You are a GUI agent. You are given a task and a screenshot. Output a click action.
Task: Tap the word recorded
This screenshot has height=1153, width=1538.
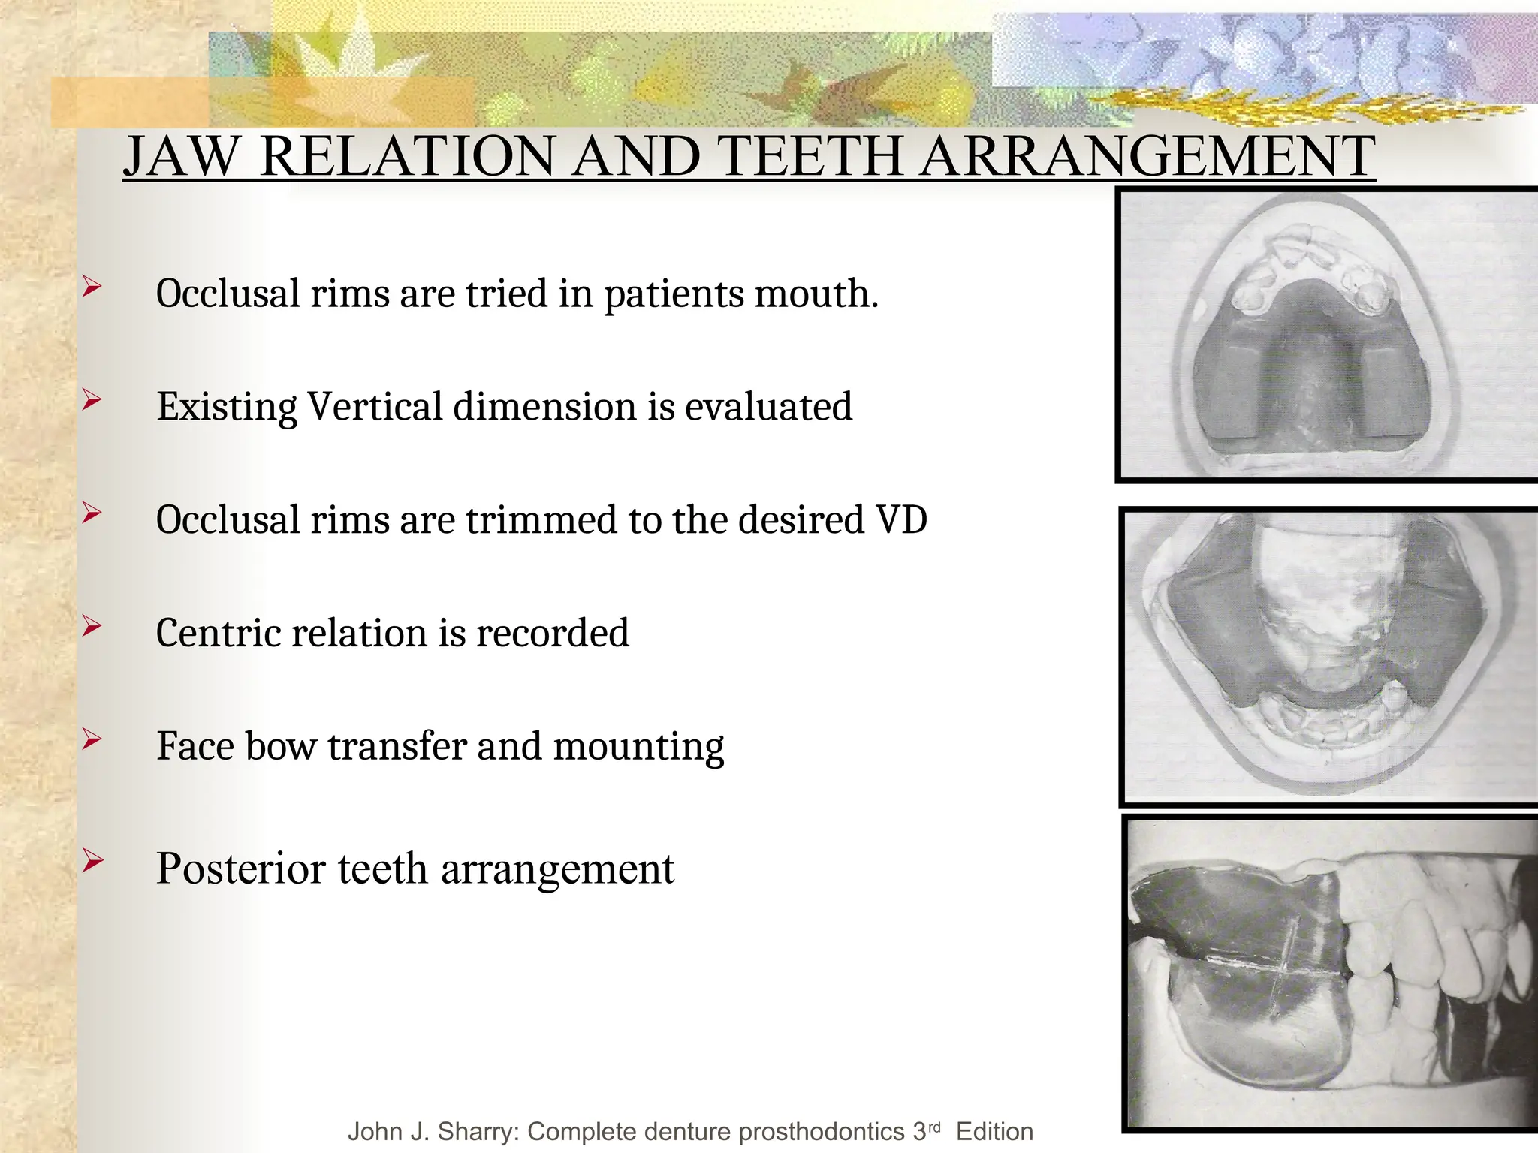click(x=552, y=633)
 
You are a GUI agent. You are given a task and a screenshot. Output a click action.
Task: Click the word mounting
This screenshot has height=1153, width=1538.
click(x=638, y=748)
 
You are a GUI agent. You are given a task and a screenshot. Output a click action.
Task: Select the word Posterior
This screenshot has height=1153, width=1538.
click(x=240, y=869)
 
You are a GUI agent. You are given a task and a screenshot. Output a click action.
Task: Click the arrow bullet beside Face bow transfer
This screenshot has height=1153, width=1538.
click(x=92, y=740)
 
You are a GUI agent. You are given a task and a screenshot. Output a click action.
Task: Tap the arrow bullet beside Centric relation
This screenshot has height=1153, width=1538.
click(x=92, y=625)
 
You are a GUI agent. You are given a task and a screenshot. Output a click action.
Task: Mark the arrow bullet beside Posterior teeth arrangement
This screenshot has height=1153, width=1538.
click(x=92, y=860)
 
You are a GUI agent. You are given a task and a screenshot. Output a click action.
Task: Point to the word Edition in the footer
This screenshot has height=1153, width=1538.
click(x=994, y=1131)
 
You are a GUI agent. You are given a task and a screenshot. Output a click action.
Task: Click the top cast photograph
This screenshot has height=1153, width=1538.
click(x=1328, y=334)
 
